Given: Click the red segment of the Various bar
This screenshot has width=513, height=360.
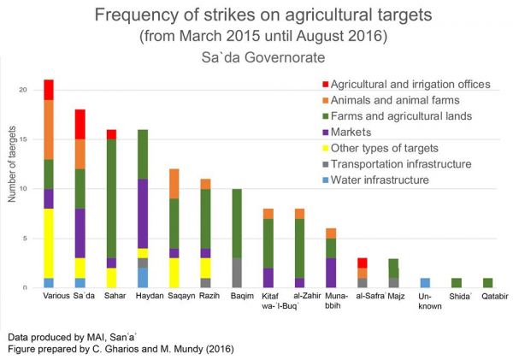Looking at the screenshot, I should (49, 90).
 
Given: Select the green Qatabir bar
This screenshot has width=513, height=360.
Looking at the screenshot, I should (487, 283).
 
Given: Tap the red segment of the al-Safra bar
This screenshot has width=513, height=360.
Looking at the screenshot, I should (363, 263).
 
